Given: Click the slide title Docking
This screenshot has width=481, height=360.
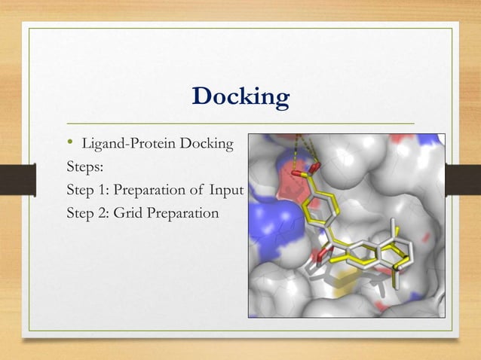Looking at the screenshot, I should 240,97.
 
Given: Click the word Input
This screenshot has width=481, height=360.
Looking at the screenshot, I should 227,190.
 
